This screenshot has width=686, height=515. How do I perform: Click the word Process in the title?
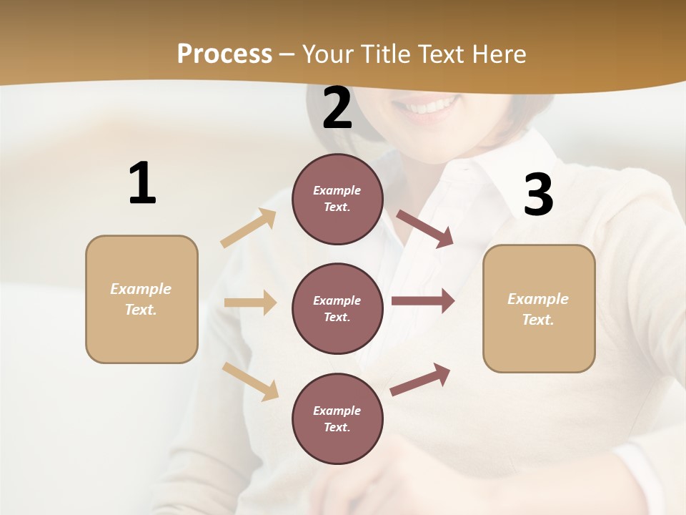click(x=224, y=54)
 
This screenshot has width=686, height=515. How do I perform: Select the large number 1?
click(x=142, y=183)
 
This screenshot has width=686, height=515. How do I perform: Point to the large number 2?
click(x=337, y=109)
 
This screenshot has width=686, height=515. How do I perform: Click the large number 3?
click(x=538, y=195)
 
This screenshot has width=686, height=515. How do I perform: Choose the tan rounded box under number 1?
click(x=141, y=299)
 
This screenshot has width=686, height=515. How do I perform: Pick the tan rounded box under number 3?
click(x=539, y=308)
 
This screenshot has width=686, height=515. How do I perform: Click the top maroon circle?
click(x=337, y=199)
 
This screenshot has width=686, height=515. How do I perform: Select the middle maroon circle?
click(x=337, y=308)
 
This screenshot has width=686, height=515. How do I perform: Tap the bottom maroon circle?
click(x=337, y=418)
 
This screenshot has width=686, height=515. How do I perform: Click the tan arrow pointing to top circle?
click(x=249, y=228)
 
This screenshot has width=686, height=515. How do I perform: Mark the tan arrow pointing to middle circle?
click(x=250, y=303)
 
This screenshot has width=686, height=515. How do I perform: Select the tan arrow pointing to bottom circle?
click(x=251, y=381)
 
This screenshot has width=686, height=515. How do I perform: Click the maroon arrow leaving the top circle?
click(x=425, y=229)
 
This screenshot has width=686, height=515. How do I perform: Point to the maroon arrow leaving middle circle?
click(x=423, y=301)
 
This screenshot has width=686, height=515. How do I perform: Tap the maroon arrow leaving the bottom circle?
click(x=420, y=379)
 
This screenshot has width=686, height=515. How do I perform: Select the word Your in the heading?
click(x=329, y=54)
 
